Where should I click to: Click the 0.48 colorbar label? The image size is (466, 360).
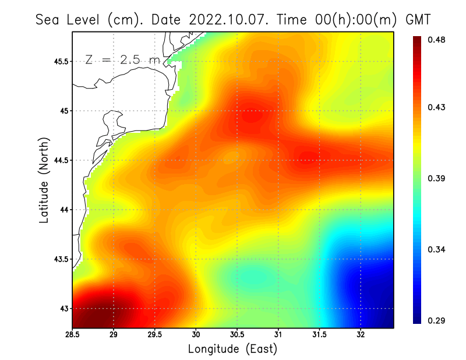(x=437, y=40)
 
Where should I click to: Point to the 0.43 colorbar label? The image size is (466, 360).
(x=437, y=107)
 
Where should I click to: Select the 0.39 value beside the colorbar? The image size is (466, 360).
(x=437, y=178)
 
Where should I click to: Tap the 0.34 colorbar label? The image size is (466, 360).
(x=437, y=249)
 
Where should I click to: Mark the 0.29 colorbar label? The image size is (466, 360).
(x=437, y=320)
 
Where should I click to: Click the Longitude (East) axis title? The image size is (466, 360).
(x=232, y=349)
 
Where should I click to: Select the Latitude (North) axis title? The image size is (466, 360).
(x=44, y=181)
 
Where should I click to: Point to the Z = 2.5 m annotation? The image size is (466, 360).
(x=123, y=59)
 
